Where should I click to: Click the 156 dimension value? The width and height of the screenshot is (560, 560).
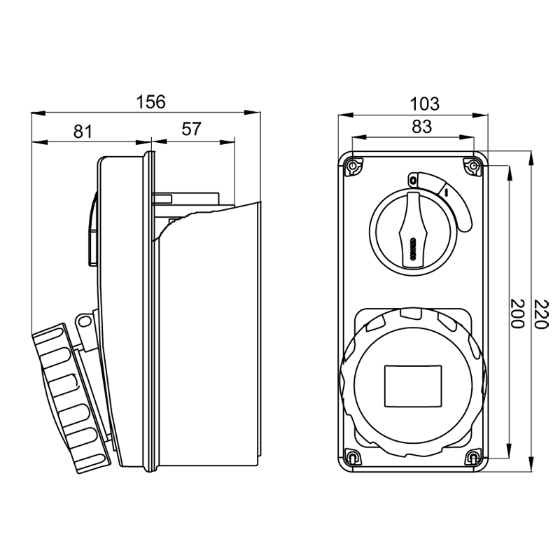pos(150,101)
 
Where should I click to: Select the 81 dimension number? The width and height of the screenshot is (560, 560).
pos(83,131)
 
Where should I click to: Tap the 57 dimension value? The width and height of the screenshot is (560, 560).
pos(191,129)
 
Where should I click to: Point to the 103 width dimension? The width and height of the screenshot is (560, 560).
pos(424,104)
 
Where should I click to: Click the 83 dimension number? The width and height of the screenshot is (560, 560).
pos(422,127)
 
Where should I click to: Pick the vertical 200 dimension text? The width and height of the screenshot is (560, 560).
pos(517,313)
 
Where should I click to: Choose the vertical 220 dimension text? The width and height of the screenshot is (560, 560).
pos(540,314)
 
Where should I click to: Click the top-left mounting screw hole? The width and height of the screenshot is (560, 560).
pos(353,167)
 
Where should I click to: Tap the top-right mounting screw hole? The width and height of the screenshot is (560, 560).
pos(474,167)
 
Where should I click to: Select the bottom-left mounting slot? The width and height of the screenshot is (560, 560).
pos(353,458)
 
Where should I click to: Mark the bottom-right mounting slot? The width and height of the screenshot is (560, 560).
pos(474,458)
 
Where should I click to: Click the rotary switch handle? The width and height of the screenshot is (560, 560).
pos(413,230)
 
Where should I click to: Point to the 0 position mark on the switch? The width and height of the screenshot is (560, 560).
pos(413,181)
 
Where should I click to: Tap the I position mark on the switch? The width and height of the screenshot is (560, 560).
pos(446,192)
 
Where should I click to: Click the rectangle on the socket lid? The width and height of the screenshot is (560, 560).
pos(413,386)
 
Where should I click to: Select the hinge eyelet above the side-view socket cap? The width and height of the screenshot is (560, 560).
pos(85,322)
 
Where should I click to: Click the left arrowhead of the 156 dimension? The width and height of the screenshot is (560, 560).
pos(38,113)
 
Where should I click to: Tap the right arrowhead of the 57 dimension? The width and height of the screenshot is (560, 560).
pos(227,142)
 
